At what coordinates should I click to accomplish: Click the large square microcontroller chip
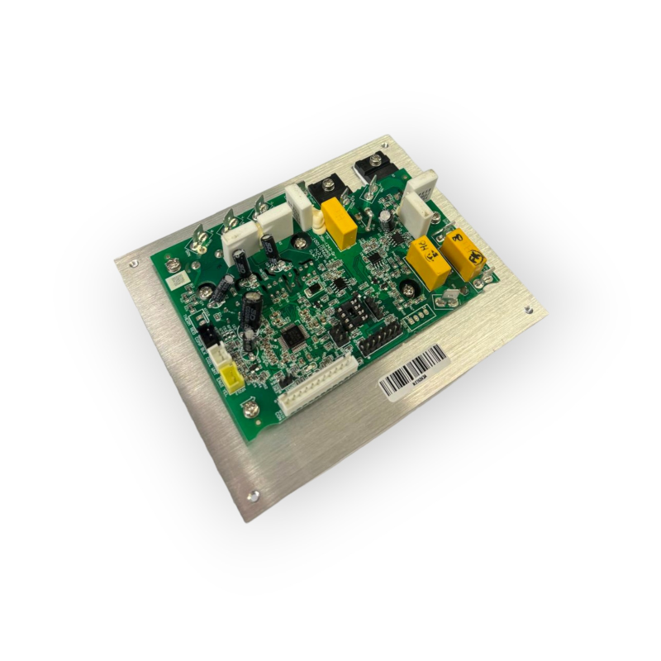[x=291, y=335]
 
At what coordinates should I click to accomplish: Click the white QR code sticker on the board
[x=174, y=282]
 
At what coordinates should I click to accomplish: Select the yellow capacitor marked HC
[x=427, y=262]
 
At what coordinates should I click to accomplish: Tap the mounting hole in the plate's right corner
[x=526, y=310]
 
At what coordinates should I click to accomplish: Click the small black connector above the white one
[x=207, y=335]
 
